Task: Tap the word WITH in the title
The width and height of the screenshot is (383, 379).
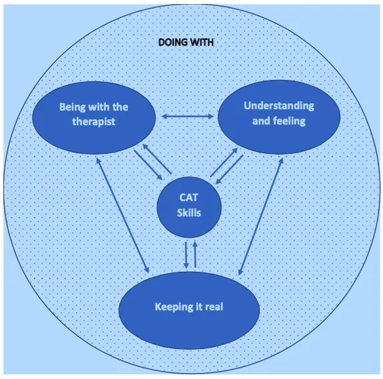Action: pos(202,43)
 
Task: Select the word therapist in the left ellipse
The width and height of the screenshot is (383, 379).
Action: pos(93,122)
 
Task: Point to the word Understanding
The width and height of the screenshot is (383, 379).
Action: pos(279,106)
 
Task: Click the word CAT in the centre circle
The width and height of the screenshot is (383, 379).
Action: pos(189,198)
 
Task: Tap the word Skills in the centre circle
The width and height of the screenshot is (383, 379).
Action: pos(189,212)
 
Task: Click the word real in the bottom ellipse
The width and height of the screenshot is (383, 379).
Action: pos(214,306)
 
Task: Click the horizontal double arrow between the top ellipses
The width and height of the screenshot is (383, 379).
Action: pos(187,117)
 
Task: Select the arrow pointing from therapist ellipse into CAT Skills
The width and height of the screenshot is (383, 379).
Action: pos(149,165)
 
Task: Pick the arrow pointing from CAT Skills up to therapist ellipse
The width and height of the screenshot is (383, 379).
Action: pos(157,159)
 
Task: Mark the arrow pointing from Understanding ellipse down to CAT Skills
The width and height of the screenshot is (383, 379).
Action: pos(229,169)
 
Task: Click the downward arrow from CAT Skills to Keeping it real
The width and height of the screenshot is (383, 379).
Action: pos(186,255)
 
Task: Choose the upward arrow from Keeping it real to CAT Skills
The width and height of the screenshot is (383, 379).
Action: pos(195,254)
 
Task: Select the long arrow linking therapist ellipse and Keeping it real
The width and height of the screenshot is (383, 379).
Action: pos(123,215)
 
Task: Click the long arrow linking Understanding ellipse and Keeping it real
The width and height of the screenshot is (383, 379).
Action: pos(261,216)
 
